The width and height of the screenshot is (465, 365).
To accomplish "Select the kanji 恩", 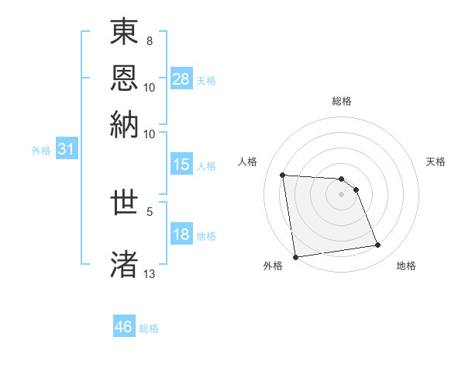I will (x=124, y=78).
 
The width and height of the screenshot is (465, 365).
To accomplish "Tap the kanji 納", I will (x=124, y=123).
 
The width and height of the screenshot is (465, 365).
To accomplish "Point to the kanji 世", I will (x=124, y=203).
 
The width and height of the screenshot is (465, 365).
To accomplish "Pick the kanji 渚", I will (x=124, y=264).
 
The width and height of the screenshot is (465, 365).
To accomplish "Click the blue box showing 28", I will (x=181, y=79).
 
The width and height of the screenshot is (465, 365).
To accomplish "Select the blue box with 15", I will (x=181, y=165).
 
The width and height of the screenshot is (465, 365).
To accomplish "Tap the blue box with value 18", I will (x=181, y=235).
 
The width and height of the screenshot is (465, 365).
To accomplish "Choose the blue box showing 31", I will (x=66, y=150).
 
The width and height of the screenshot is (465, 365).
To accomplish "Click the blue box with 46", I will (x=124, y=327).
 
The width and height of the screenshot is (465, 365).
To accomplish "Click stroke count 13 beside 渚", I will (x=149, y=273).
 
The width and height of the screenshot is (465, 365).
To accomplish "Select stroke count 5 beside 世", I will (x=150, y=210).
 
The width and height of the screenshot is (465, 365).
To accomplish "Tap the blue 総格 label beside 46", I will (x=149, y=328).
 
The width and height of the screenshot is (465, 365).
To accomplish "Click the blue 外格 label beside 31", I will (x=41, y=151).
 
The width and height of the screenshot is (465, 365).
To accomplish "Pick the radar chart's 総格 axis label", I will (x=341, y=101).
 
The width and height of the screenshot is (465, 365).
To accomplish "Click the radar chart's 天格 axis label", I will (x=436, y=162).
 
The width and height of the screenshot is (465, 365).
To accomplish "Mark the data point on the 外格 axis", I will (x=295, y=257).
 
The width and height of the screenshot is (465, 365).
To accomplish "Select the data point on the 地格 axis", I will (x=378, y=245).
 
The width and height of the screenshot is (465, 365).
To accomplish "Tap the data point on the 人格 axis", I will (x=283, y=175).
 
